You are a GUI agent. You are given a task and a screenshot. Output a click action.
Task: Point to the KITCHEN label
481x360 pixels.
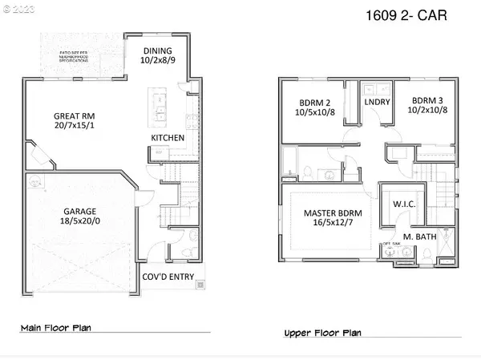168,138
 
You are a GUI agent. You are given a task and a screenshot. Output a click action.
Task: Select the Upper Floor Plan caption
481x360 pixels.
322,332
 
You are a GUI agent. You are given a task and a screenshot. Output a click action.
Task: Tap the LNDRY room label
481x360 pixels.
376,103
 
